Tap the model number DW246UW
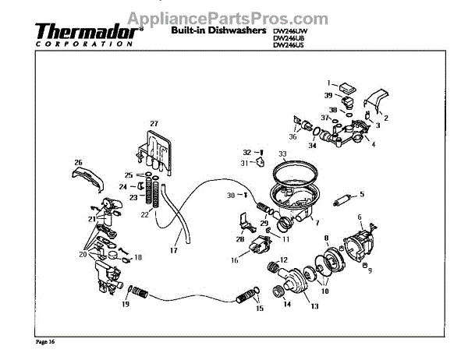coord(289,30)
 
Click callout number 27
coord(154,124)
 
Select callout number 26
coord(78,163)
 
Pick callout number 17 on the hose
coord(175,250)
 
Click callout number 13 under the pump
coord(315,307)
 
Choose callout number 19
coord(124,306)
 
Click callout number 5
coord(362,194)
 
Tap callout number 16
coord(234,262)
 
